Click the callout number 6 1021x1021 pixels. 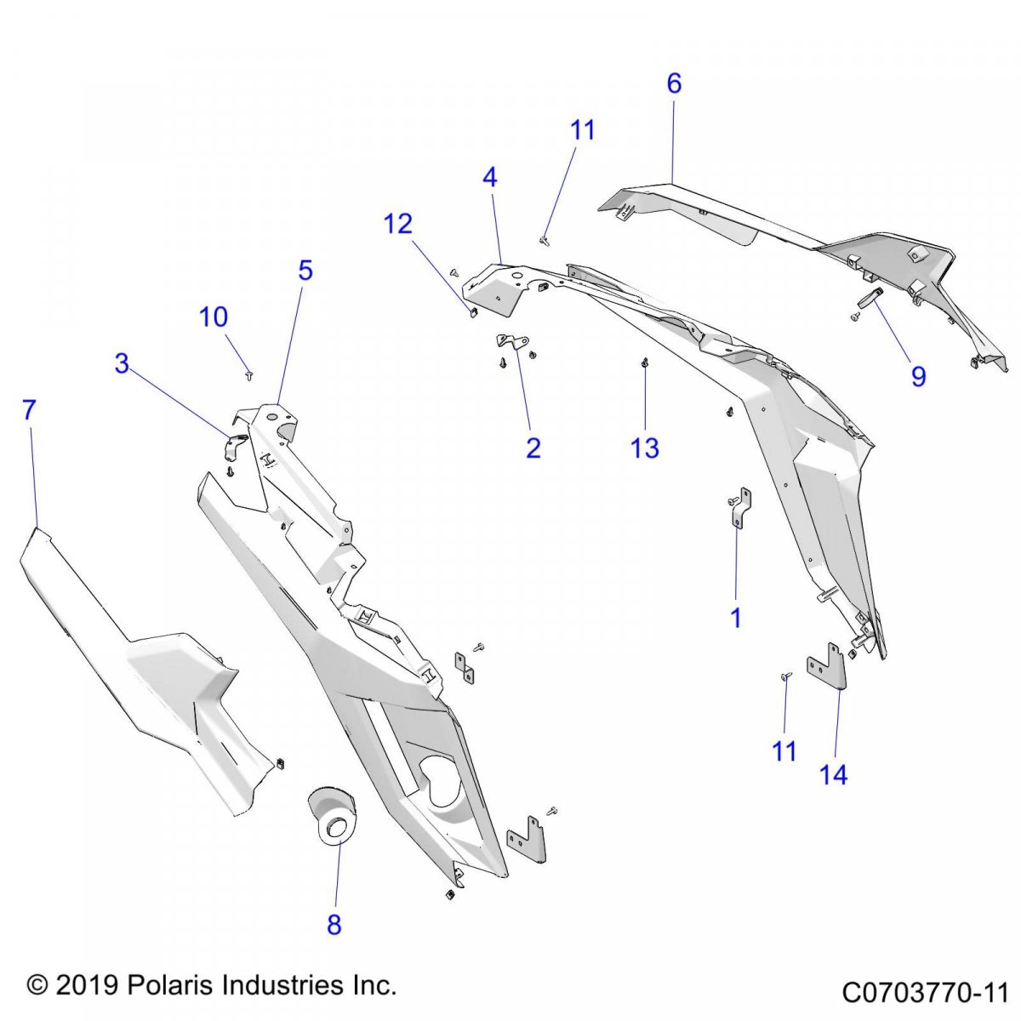[x=674, y=83]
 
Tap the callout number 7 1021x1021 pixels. [x=30, y=410]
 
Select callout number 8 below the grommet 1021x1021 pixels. [x=334, y=924]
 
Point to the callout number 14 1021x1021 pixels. [x=834, y=774]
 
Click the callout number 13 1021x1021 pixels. [x=645, y=448]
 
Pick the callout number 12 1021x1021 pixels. [x=398, y=224]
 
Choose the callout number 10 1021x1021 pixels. [x=214, y=317]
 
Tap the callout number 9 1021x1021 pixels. [x=918, y=376]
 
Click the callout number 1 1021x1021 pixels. [x=736, y=619]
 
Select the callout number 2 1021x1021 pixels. [x=533, y=448]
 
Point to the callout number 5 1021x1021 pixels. [x=305, y=270]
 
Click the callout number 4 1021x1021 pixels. [x=489, y=177]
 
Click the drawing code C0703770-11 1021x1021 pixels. [x=925, y=992]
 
